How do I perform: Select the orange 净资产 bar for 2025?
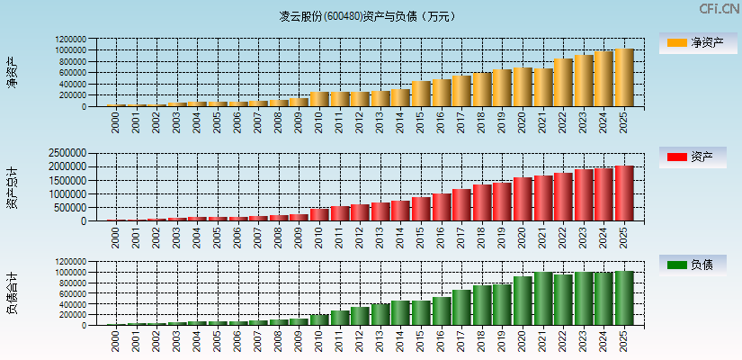624,77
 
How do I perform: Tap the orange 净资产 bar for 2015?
420,94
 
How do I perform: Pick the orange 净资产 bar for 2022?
563,83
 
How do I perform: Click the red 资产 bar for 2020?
523,199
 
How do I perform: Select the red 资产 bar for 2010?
319,214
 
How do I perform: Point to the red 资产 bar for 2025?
624,193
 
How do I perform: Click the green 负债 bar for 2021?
542,298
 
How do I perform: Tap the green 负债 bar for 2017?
461,307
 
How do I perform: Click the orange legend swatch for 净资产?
676,42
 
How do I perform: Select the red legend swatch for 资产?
676,157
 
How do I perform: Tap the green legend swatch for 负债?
676,264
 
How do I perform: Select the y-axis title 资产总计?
12,187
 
